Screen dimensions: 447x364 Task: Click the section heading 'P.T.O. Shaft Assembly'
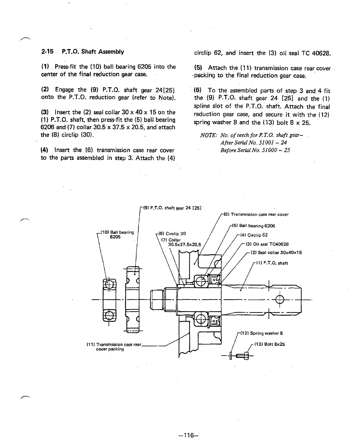tap(93, 52)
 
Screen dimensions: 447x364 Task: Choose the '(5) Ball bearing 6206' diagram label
tap(253, 226)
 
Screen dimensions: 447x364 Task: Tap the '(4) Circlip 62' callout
tap(254, 235)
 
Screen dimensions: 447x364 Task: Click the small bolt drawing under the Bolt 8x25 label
tap(243, 356)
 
